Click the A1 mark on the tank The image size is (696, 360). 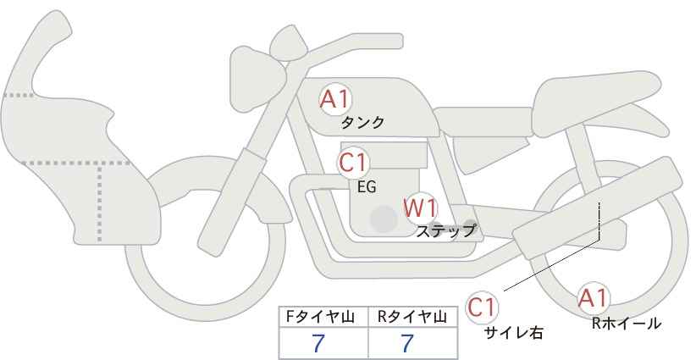[335, 100]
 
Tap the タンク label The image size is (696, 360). [362, 123]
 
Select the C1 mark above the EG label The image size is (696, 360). [353, 163]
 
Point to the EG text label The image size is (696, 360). [367, 187]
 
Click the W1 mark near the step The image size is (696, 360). [420, 208]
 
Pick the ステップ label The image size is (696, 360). [445, 231]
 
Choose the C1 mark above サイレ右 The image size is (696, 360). [482, 307]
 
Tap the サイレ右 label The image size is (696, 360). [513, 332]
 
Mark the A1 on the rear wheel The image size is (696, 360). [593, 298]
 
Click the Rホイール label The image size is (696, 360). [627, 324]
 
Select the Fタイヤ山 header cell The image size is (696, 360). [323, 317]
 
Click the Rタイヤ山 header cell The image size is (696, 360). [413, 317]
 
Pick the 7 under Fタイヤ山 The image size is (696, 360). [318, 343]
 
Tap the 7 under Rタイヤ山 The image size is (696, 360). [407, 343]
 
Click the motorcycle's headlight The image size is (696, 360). [257, 80]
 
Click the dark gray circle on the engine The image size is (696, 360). [384, 219]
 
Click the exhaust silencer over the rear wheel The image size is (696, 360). [598, 208]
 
